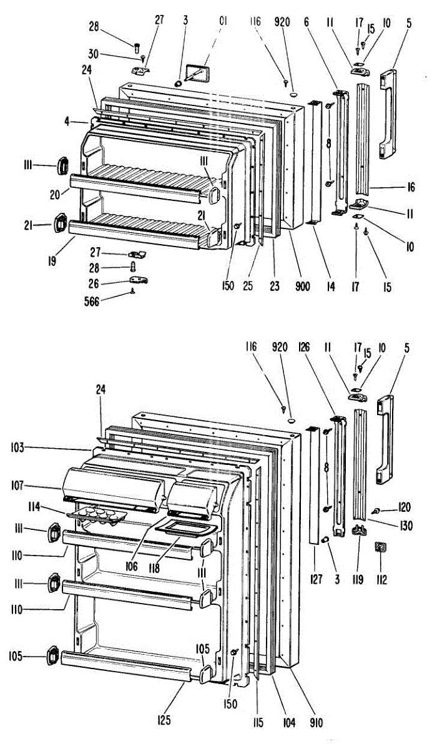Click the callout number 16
(410, 187)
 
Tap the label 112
(381, 580)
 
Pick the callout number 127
(317, 580)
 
